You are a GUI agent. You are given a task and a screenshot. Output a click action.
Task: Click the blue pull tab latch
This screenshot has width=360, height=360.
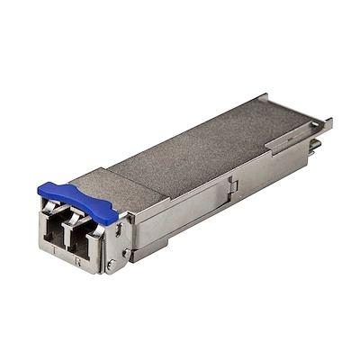[77, 202]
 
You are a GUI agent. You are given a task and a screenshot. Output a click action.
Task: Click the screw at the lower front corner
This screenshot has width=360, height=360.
[110, 265]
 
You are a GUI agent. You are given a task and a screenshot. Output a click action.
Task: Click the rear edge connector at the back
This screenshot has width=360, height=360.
[316, 144]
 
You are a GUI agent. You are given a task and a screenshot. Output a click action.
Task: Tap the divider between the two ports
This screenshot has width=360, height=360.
[67, 236]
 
